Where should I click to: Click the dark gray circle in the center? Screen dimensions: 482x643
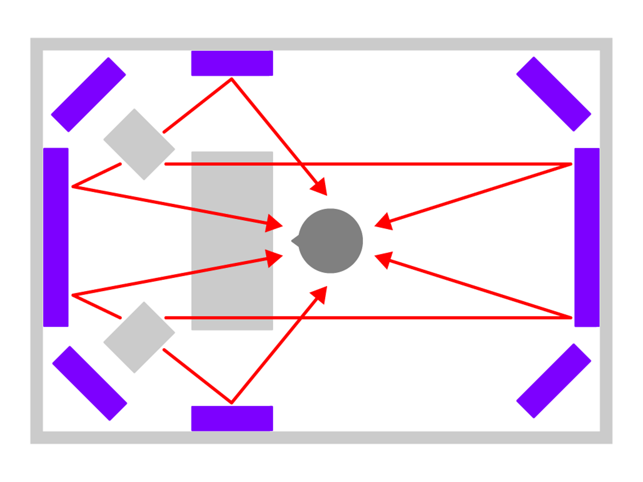[x=331, y=241]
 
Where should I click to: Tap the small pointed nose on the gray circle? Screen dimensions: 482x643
[x=295, y=241]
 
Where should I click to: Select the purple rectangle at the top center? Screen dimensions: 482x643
[x=232, y=63]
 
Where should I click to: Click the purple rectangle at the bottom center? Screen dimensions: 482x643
[x=232, y=418]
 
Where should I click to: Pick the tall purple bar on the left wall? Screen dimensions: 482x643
[x=56, y=237]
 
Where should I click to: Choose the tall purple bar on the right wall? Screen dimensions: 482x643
[x=587, y=237]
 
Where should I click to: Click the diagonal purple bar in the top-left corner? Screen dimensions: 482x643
[x=88, y=95]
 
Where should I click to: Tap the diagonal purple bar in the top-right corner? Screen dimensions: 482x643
[x=554, y=94]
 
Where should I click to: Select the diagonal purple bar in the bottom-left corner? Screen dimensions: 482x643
[x=90, y=383]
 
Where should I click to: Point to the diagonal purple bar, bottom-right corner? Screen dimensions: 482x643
[x=554, y=381]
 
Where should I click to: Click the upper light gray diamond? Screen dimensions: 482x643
[x=139, y=144]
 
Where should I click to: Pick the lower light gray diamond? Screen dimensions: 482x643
[x=139, y=337]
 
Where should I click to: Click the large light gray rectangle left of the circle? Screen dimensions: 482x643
[x=232, y=241]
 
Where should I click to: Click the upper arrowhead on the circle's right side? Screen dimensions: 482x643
[x=384, y=222]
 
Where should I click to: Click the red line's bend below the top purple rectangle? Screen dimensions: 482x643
[x=231, y=79]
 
